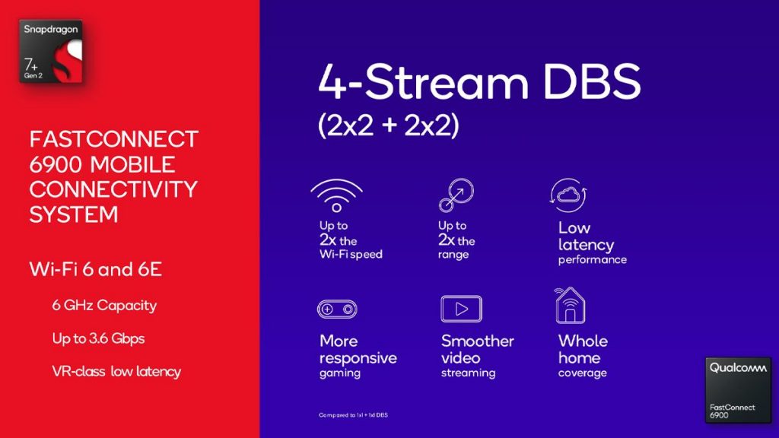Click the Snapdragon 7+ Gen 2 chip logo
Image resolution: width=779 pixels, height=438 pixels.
click(51, 52)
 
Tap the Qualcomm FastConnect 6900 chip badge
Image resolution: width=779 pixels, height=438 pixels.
click(738, 390)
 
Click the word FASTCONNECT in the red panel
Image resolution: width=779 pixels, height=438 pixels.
click(114, 139)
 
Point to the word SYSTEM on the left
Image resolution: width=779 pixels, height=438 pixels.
click(74, 214)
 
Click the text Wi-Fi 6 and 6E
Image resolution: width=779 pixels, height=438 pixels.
click(95, 270)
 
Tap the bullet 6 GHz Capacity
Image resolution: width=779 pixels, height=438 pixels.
click(104, 305)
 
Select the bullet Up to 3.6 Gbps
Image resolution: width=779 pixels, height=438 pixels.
click(98, 338)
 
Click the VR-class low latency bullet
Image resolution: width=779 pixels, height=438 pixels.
click(116, 371)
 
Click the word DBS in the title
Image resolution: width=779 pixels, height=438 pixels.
click(592, 81)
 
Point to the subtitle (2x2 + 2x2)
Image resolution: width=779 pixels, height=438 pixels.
click(389, 125)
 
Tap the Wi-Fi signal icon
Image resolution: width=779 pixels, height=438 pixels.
click(337, 195)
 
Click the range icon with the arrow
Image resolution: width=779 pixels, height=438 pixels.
click(456, 195)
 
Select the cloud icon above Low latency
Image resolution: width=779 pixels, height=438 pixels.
click(568, 195)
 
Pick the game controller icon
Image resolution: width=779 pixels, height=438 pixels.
click(337, 309)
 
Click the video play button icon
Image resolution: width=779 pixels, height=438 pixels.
click(462, 309)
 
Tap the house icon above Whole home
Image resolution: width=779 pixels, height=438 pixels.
click(570, 306)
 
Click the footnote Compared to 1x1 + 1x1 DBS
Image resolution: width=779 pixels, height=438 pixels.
click(353, 415)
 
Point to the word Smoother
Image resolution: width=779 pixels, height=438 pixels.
click(478, 341)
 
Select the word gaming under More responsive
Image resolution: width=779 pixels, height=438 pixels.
click(340, 373)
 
